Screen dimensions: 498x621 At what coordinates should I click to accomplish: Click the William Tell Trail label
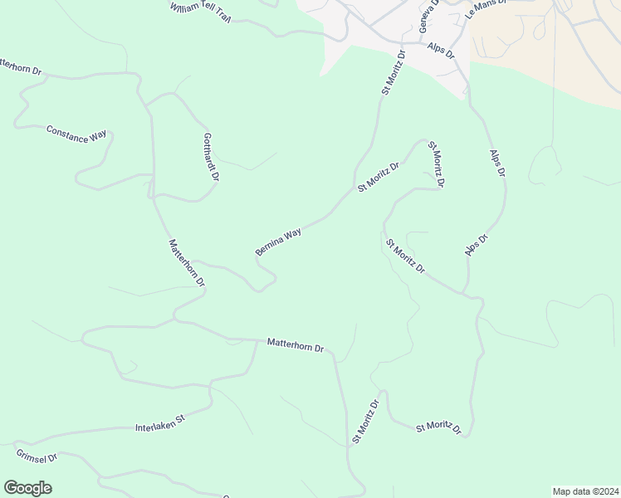(x=199, y=12)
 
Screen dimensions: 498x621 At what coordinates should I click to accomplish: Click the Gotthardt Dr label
(x=211, y=157)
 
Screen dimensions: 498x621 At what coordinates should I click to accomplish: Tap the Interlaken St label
(x=159, y=425)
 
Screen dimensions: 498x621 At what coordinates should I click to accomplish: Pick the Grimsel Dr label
(x=36, y=456)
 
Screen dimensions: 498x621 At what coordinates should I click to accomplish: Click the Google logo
(x=27, y=488)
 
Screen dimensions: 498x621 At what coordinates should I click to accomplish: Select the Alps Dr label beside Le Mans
(x=442, y=50)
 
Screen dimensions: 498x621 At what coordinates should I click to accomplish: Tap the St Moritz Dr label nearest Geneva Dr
(x=393, y=73)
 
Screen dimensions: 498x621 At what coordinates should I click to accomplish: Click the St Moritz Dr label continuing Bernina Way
(x=379, y=177)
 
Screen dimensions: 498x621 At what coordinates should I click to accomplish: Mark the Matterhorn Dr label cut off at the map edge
(x=20, y=66)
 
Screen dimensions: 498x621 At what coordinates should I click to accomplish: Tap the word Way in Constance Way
(x=100, y=138)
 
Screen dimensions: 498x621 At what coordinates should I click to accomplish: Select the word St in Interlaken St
(x=178, y=422)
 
